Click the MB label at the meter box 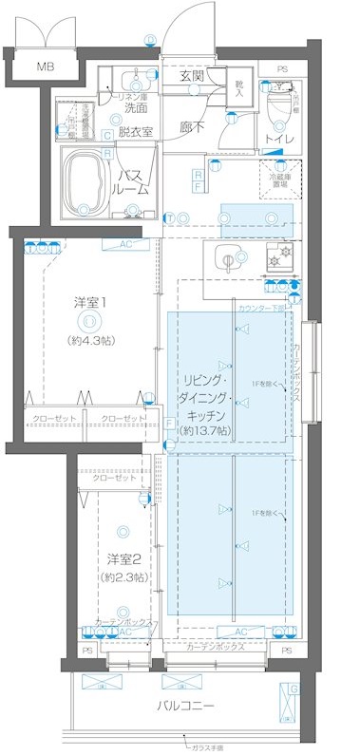tap(45, 66)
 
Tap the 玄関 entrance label tap(193, 77)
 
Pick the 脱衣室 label tap(136, 132)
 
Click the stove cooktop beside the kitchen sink tap(279, 257)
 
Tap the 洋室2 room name tap(123, 557)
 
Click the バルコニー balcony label tap(185, 707)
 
